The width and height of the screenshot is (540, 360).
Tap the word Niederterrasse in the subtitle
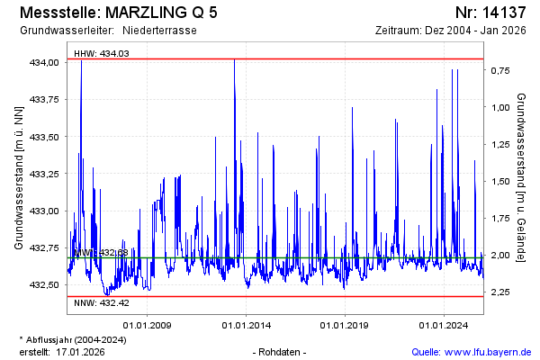(x=159, y=31)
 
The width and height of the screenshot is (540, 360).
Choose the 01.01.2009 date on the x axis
(x=148, y=325)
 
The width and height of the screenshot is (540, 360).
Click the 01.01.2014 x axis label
(x=246, y=325)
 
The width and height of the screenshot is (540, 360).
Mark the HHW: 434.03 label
(x=101, y=54)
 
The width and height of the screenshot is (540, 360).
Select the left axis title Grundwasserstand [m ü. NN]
(x=18, y=176)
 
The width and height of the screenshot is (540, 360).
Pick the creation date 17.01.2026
(x=81, y=351)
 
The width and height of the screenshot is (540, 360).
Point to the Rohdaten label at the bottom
(x=282, y=351)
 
